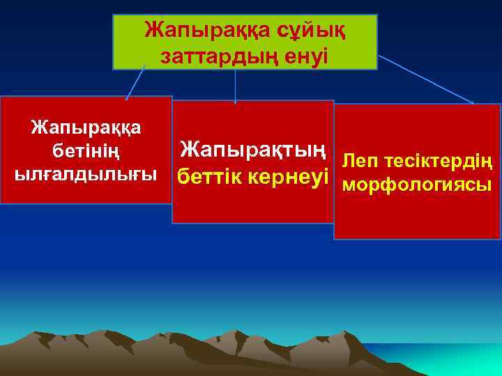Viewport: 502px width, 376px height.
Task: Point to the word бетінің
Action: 86,150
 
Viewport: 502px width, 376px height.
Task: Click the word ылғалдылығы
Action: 86,172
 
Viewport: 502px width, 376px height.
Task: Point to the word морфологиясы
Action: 416,187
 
